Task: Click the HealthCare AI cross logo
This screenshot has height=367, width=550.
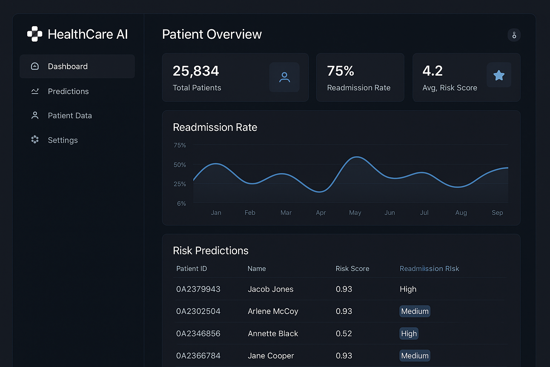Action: (x=35, y=34)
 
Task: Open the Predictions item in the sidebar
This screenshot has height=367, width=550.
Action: (x=68, y=91)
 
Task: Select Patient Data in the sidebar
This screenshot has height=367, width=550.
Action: (x=69, y=116)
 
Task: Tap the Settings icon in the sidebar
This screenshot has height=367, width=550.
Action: (x=35, y=140)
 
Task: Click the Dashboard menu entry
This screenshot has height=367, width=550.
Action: (x=68, y=66)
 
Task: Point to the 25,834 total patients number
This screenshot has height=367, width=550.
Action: (x=196, y=71)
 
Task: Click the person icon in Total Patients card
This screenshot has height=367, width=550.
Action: (x=284, y=77)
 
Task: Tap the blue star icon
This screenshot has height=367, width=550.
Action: (x=498, y=75)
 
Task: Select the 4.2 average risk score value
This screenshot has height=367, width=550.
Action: (x=433, y=71)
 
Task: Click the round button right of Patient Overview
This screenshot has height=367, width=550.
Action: (x=514, y=35)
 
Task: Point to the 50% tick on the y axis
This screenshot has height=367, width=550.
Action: (x=180, y=165)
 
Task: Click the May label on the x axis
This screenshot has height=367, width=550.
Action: (x=355, y=213)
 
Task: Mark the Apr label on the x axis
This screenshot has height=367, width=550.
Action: (x=321, y=213)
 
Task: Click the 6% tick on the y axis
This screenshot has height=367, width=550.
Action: (x=182, y=204)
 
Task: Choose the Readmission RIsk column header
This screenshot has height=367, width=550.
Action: (x=429, y=269)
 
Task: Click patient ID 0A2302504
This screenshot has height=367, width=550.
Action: (x=198, y=311)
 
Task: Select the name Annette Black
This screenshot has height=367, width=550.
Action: (x=273, y=334)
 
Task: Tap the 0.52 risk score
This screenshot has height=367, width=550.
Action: (x=344, y=334)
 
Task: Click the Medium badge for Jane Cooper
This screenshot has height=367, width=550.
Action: (x=415, y=356)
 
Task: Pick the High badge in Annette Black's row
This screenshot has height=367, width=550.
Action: (x=409, y=334)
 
